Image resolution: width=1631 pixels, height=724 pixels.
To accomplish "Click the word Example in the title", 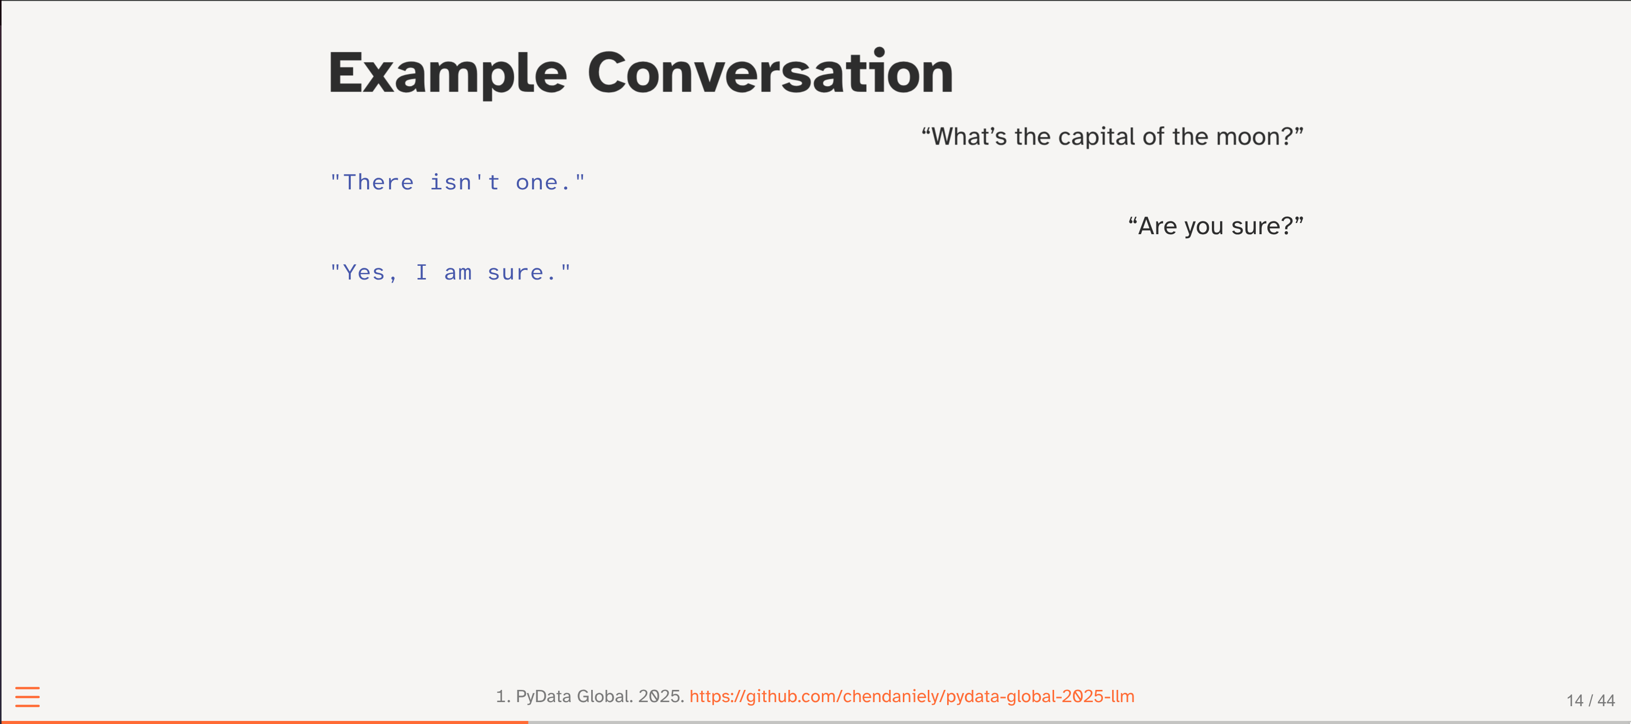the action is coord(448,73).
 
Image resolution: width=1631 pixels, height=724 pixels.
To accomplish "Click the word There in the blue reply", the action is coord(378,182).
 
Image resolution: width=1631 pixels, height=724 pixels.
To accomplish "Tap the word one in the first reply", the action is coord(537,183).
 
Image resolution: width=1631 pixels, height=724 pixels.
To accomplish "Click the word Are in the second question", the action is coord(1157,226).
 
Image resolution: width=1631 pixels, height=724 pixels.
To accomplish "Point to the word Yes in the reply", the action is coord(364,273).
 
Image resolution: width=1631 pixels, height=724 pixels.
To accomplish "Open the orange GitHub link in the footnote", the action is coord(911,696).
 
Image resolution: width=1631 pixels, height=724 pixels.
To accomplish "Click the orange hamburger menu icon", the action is coord(27,697).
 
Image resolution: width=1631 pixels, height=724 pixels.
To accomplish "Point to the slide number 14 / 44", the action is coord(1590,701).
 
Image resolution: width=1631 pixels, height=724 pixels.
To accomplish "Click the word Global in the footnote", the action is coord(604,696).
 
